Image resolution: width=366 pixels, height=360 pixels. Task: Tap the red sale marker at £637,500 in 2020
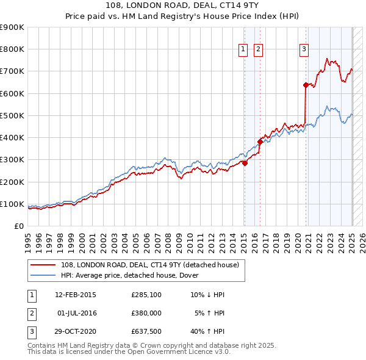coord(305,85)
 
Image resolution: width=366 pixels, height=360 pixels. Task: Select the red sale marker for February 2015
coord(245,163)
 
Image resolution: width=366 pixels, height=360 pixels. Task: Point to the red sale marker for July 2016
coord(260,142)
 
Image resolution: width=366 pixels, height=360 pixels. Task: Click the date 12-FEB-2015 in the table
coord(76,295)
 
